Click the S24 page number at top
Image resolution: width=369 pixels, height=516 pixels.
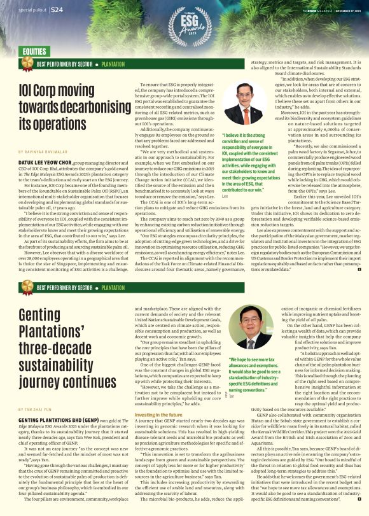coord(56,10)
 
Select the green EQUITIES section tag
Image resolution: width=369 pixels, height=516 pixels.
coord(39,50)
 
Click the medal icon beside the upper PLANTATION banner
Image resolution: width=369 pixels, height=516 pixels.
coord(27,64)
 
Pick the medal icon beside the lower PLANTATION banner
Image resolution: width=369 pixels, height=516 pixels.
coord(27,288)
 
